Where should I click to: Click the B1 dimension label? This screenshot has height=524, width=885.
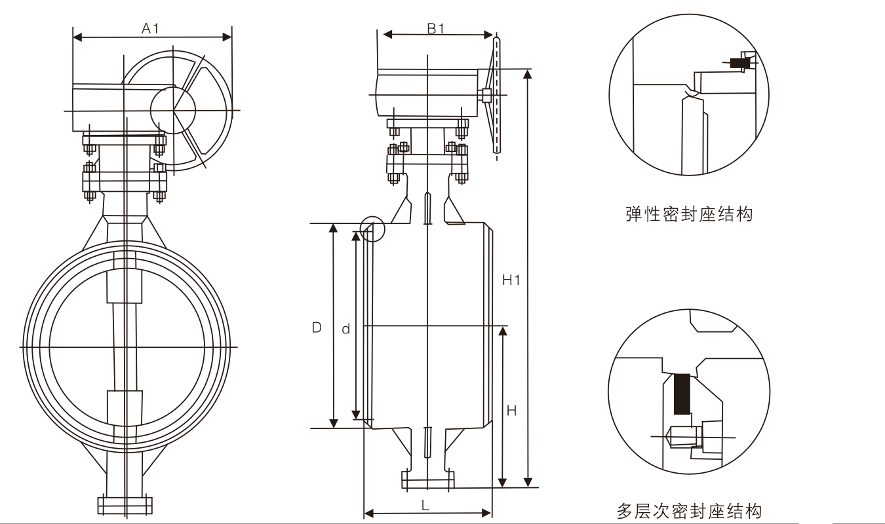[x=436, y=28]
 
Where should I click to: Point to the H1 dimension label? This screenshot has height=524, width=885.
[x=511, y=280]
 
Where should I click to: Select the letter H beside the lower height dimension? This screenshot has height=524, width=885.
[x=512, y=411]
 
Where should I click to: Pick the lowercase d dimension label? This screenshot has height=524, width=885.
[x=345, y=329]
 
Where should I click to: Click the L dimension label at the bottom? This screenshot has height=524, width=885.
[x=425, y=505]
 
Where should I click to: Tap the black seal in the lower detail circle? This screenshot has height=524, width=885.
[x=682, y=393]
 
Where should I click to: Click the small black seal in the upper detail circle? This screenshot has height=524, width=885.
[x=739, y=64]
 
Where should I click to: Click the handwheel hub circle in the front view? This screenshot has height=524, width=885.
[x=173, y=110]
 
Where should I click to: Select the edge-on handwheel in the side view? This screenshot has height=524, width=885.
[x=497, y=95]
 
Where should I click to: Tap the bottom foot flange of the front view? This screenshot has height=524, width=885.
[x=125, y=505]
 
